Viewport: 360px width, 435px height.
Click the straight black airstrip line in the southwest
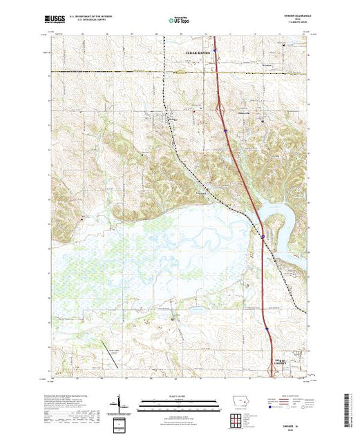pos(110,354)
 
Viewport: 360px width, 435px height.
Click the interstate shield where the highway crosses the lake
pos(263,237)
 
